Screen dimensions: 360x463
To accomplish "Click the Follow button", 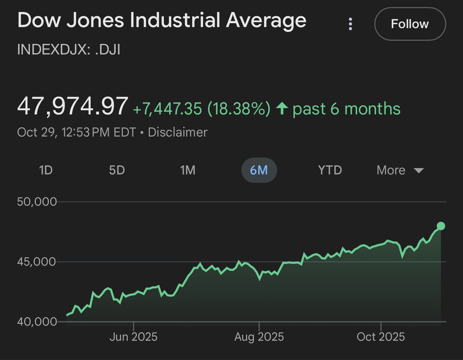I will coord(410,24).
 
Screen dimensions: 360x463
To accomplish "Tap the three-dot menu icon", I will coord(350,24).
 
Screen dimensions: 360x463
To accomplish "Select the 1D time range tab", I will coord(46,171).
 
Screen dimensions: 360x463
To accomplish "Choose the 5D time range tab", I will coord(117,171).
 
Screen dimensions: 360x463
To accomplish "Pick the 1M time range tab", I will coord(188,171).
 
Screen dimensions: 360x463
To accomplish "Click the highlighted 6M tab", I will coord(259,171).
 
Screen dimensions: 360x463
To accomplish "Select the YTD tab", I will coord(330,171).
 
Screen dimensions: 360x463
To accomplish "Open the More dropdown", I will coord(400,171).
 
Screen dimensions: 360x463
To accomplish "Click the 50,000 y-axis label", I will coord(37,202).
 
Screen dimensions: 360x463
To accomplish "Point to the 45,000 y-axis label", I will coord(37,262).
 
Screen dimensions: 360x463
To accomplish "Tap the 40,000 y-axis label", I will coord(37,322).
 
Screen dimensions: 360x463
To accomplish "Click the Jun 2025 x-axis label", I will coord(133,337).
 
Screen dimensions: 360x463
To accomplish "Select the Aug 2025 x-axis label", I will coord(259,337).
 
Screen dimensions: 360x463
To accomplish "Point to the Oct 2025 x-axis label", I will coord(381,337).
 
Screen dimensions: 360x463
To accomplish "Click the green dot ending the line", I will coord(441,226).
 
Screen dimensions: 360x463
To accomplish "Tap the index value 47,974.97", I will coord(72,107).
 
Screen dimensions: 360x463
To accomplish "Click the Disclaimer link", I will coord(178,133).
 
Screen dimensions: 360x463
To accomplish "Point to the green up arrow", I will coord(282,109).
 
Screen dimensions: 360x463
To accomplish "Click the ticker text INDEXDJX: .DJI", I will coord(68,49).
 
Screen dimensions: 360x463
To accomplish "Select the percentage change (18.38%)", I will coord(239,109).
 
